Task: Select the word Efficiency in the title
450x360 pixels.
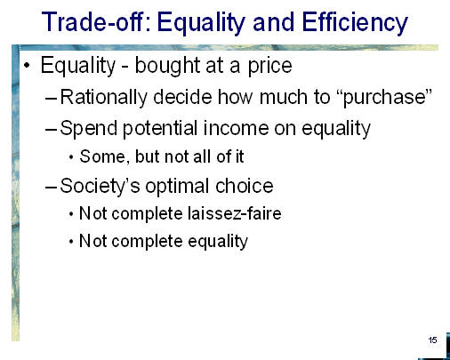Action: [355, 23]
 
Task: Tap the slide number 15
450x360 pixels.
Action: [432, 340]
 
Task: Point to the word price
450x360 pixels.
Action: [269, 67]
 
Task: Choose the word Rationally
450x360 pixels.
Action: [103, 98]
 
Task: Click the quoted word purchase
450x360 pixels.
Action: [384, 98]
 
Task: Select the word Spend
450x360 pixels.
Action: [89, 129]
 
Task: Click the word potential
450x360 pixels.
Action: [160, 129]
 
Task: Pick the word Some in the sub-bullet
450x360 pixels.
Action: [102, 156]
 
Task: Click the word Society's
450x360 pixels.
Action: [100, 187]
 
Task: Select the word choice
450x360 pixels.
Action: [245, 186]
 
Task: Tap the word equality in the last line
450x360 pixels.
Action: [218, 242]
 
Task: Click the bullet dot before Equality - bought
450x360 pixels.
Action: [27, 66]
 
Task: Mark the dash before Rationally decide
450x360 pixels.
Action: [51, 98]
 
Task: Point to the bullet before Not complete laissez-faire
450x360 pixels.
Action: [71, 214]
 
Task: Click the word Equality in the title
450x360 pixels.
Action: [202, 23]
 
